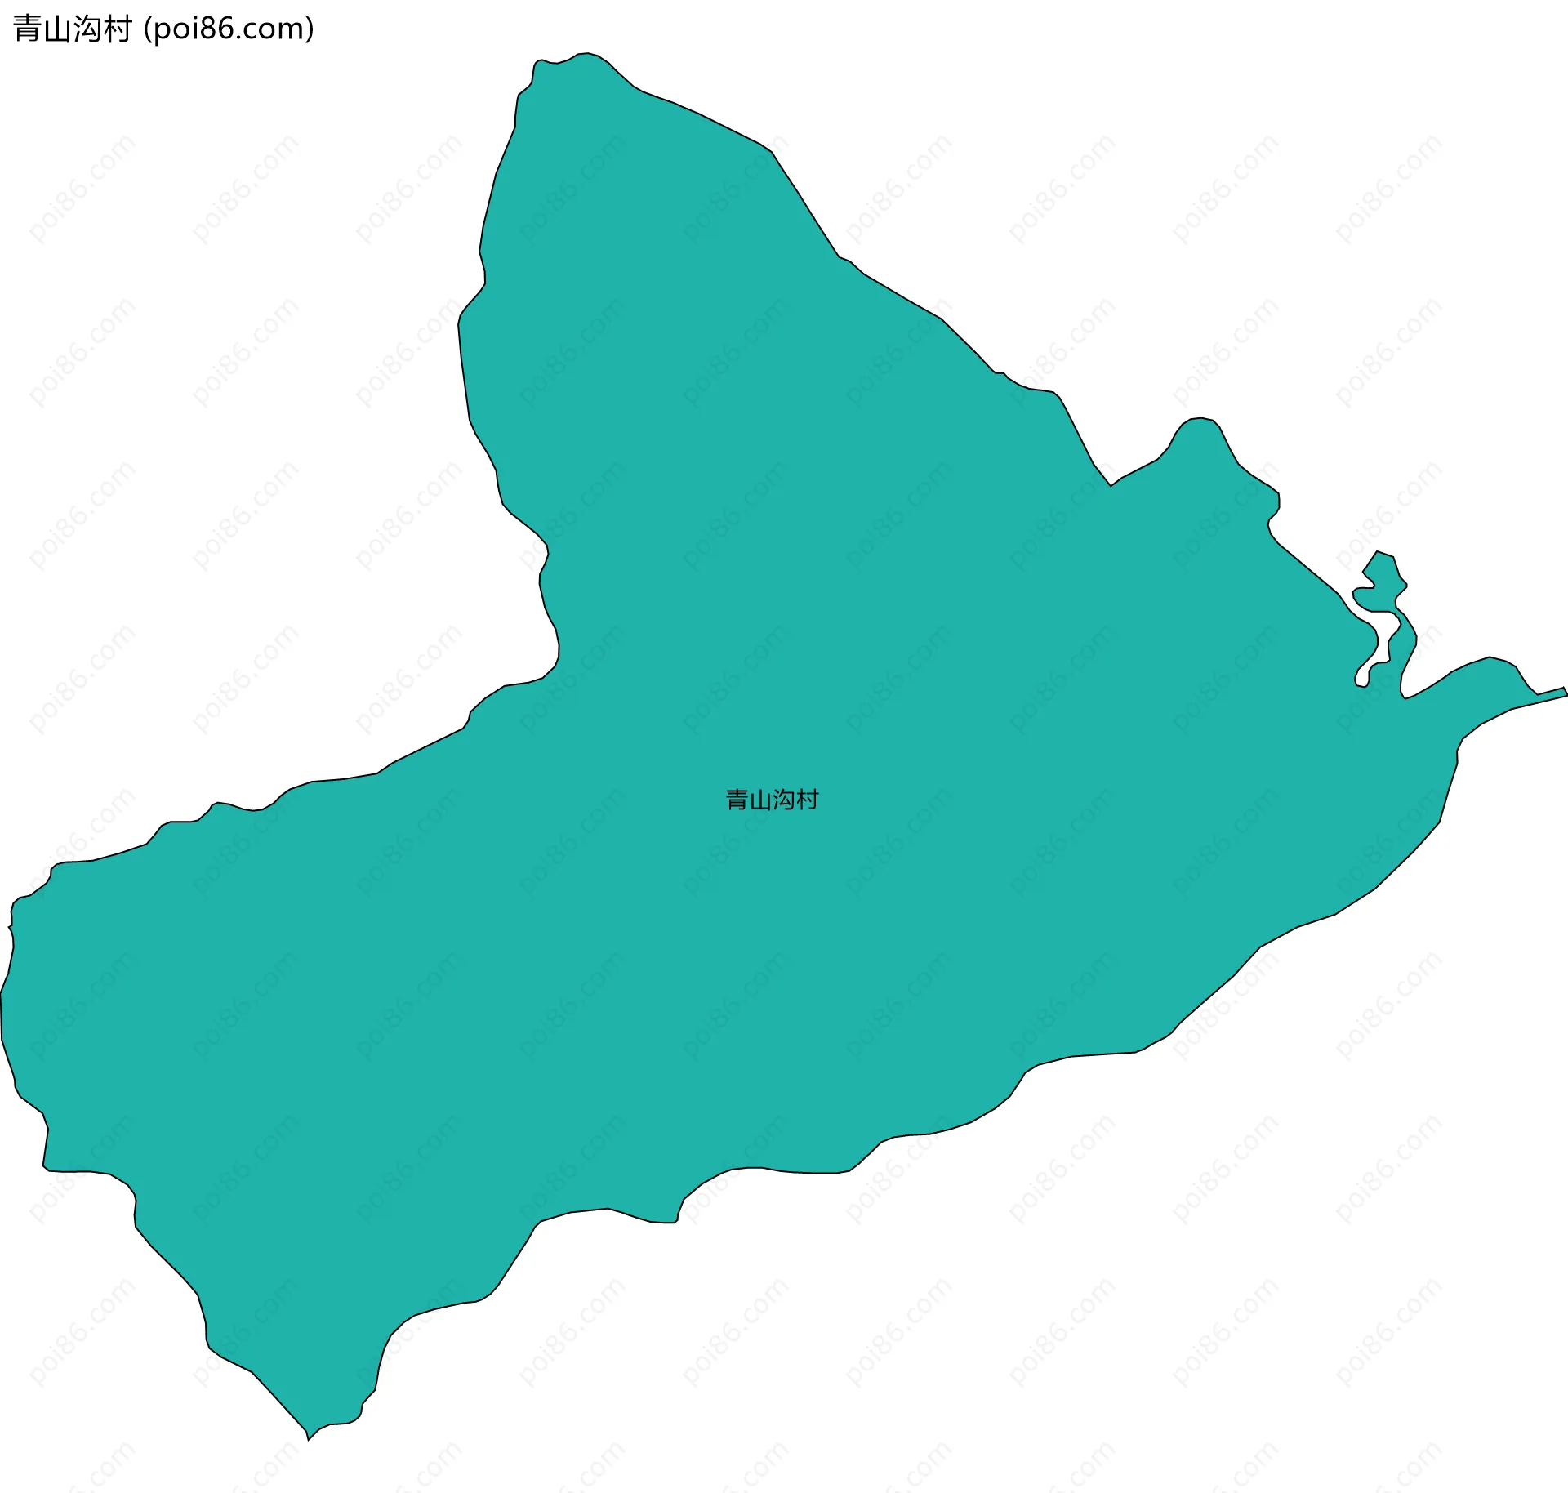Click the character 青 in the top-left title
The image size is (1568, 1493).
28,29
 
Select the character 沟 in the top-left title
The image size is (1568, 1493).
87,29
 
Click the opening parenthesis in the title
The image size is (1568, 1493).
146,30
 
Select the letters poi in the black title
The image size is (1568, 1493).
174,30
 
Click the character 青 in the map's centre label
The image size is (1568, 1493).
737,800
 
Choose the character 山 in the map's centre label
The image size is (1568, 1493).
760,800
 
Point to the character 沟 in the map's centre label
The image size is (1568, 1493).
783,800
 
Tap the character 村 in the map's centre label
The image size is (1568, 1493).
807,800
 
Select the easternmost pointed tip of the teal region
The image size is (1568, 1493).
1566,692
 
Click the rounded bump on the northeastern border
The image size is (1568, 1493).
1199,421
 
